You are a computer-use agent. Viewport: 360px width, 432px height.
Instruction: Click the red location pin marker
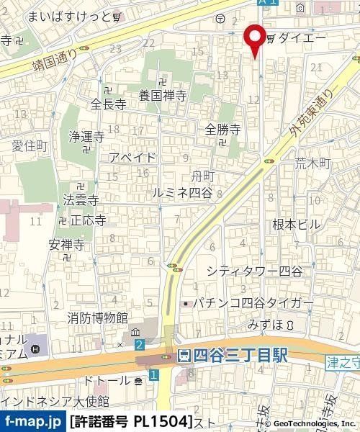coord(253,40)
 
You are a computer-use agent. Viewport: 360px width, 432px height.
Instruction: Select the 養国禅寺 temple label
coord(163,94)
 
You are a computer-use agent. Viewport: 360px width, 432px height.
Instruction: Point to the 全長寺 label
coord(109,104)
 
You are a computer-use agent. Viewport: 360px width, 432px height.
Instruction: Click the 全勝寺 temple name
coord(222,129)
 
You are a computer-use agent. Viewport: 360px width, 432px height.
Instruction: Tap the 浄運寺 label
coord(87,135)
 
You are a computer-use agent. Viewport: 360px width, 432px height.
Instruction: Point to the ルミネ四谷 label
coord(183,192)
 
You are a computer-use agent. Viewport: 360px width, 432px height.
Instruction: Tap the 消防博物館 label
coord(98,317)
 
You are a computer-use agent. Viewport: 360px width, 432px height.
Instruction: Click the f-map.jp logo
coord(33,420)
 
